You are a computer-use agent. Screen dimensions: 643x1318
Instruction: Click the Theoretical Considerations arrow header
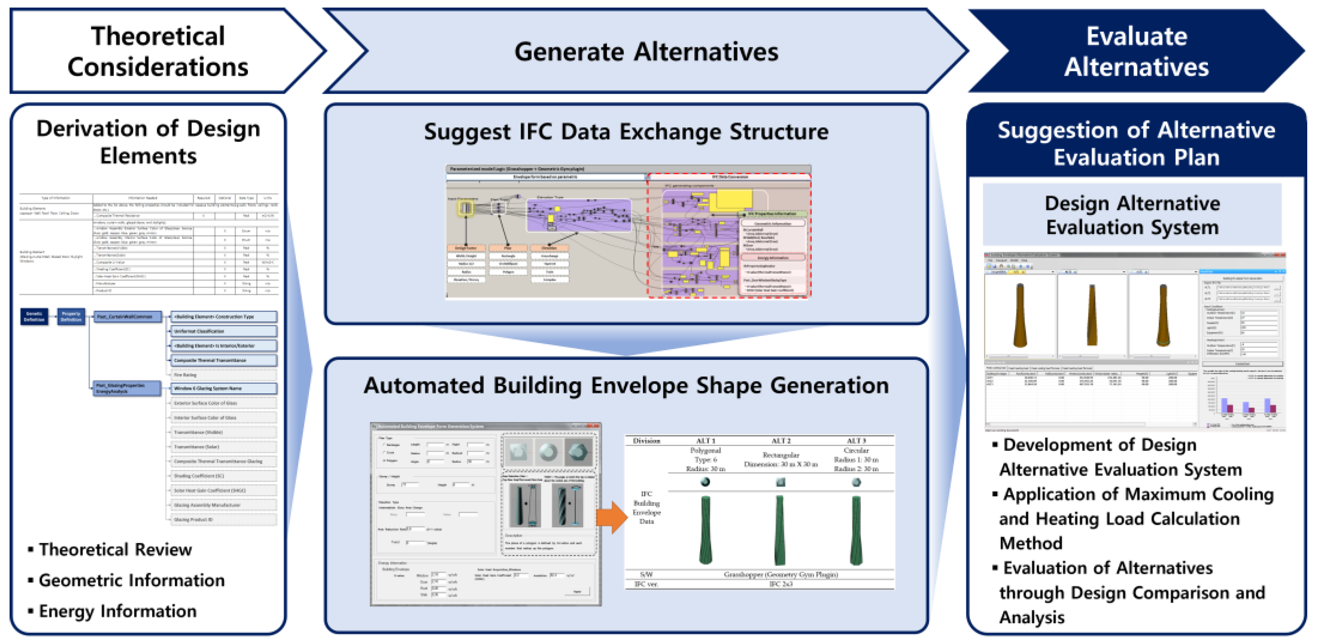tap(159, 51)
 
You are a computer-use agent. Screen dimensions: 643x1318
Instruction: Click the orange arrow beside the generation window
tap(612, 517)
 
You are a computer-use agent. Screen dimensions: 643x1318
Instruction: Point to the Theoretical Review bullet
tap(115, 549)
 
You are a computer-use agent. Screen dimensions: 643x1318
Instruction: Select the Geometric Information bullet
tap(132, 580)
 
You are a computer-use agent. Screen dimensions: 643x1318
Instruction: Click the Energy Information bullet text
tap(118, 611)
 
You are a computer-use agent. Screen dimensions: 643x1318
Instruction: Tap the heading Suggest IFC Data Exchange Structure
tap(626, 132)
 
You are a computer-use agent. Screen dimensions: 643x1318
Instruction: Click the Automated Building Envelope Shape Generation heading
tap(626, 385)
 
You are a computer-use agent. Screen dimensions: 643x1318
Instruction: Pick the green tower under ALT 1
tap(705, 530)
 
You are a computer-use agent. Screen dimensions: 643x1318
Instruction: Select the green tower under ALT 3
tap(856, 530)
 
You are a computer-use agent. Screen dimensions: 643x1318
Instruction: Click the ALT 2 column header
tap(781, 441)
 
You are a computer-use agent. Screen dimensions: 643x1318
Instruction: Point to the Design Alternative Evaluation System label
tap(1132, 215)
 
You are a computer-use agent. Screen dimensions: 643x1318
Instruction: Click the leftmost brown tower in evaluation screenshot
tap(1020, 315)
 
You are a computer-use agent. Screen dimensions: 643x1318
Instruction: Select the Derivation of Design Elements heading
tap(148, 142)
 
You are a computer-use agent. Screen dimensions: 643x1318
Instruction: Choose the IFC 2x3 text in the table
tap(781, 584)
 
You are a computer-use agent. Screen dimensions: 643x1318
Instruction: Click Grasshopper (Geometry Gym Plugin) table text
tap(781, 574)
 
